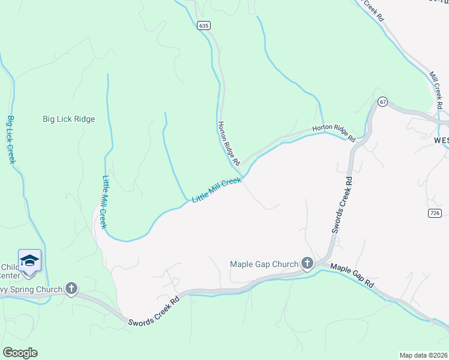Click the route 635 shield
point(204,26)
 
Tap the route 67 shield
point(382,102)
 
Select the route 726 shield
point(436,213)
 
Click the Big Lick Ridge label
point(69,119)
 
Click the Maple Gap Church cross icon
point(307,263)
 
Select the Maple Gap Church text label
point(264,264)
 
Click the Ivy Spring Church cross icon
point(71,289)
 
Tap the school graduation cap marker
point(29,260)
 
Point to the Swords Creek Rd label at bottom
point(154,312)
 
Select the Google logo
point(20,353)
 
